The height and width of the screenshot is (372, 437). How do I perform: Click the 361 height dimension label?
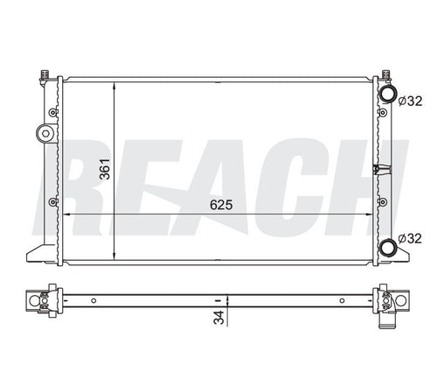click(x=104, y=169)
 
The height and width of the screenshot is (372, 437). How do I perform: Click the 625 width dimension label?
click(x=221, y=205)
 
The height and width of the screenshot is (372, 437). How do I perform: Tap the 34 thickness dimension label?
click(x=219, y=317)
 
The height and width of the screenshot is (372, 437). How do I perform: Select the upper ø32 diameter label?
click(x=410, y=101)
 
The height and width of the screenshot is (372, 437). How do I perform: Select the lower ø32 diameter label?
click(x=410, y=238)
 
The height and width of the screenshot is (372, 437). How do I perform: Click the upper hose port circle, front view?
click(x=388, y=94)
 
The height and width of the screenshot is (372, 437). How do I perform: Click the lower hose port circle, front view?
click(x=388, y=247)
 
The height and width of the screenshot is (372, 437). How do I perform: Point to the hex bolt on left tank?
click(x=45, y=134)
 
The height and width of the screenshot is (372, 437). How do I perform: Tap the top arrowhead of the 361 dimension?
click(x=114, y=86)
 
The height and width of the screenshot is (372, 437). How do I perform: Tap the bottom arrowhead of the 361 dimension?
click(x=114, y=256)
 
